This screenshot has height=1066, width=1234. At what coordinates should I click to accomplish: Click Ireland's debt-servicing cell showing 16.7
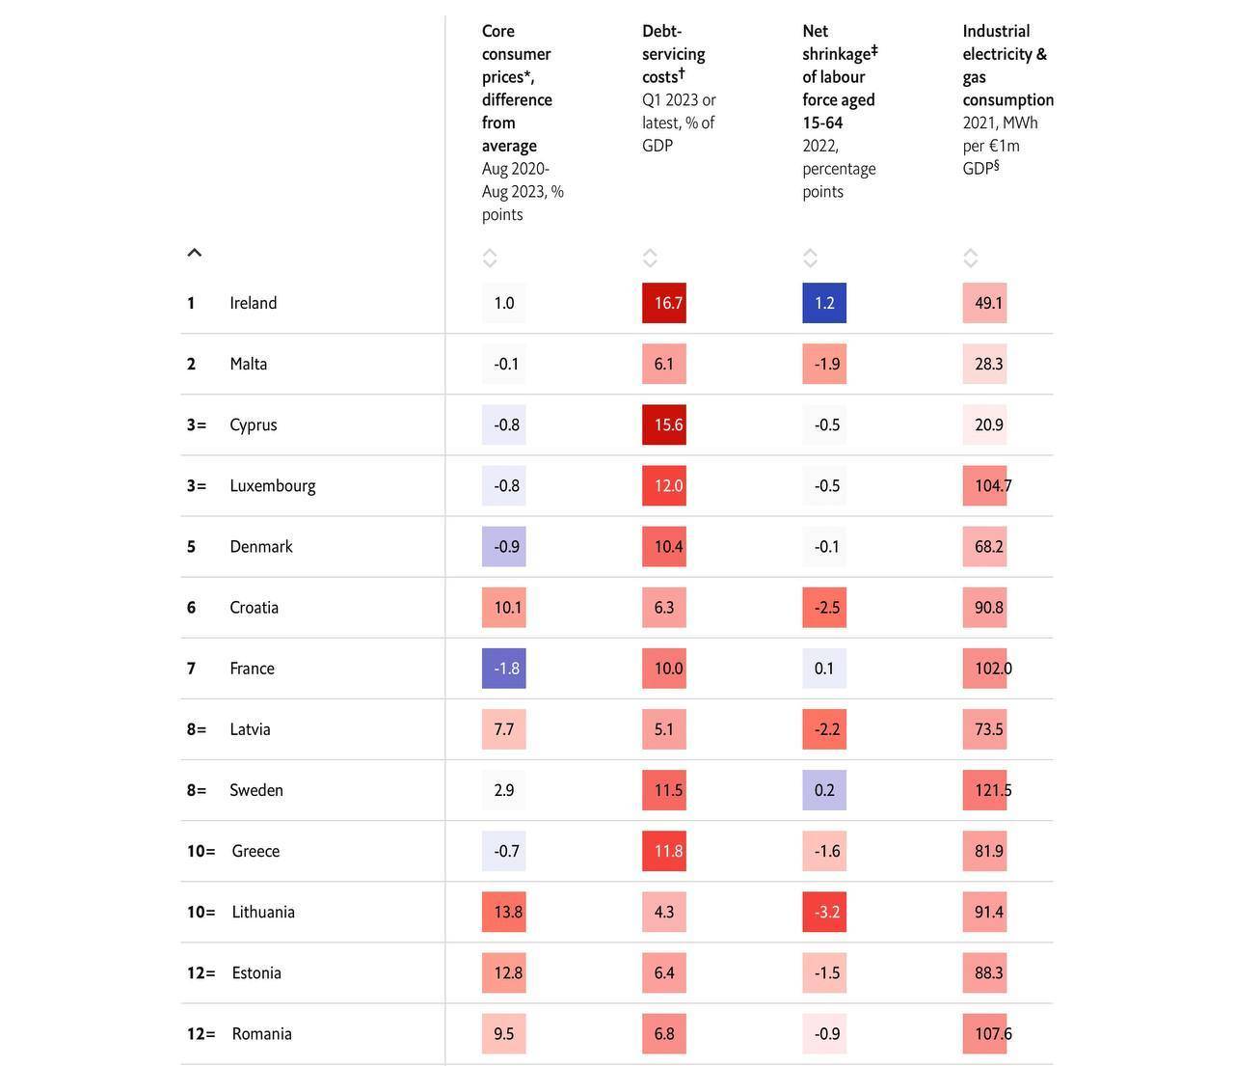tap(664, 303)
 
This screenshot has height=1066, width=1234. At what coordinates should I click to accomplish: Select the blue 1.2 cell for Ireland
tap(824, 303)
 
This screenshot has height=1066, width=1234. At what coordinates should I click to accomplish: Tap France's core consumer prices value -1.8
tap(504, 668)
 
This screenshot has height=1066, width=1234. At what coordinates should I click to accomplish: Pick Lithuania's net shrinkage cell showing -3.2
tap(824, 912)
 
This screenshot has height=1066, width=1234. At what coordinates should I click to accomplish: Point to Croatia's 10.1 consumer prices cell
tap(504, 607)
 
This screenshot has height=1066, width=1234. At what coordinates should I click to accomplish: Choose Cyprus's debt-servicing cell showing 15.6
tap(664, 424)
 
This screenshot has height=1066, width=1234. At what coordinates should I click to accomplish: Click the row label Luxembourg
tap(273, 486)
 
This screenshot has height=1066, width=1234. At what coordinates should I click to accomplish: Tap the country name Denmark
tap(261, 547)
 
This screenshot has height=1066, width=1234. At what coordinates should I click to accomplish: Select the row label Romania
tap(261, 1034)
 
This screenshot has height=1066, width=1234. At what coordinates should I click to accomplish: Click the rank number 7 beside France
tap(191, 668)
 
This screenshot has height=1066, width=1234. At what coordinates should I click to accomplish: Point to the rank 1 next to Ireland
tap(191, 303)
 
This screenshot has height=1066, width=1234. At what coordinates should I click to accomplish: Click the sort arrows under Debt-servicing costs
tap(650, 259)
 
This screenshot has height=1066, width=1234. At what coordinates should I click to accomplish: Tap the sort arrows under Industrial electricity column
tap(970, 259)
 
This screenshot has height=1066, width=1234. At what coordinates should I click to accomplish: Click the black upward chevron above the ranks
tap(194, 253)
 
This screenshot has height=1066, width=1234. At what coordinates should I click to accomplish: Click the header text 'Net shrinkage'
tap(840, 42)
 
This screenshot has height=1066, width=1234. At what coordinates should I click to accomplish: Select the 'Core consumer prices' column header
tap(517, 54)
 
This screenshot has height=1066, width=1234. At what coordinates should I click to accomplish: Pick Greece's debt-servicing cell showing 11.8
tap(664, 851)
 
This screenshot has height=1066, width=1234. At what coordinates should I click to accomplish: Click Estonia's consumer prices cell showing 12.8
tap(504, 972)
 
